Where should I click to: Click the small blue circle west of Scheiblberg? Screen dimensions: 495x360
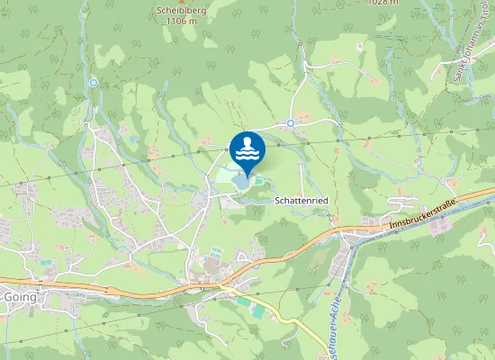pyautogui.click(x=93, y=82)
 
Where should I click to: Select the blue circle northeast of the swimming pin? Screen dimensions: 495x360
pyautogui.click(x=291, y=122)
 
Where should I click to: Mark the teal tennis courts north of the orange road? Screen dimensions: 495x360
pyautogui.click(x=216, y=252)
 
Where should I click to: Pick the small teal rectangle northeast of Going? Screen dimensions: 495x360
pyautogui.click(x=45, y=262)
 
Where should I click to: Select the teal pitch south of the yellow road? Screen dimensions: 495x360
pyautogui.click(x=258, y=310)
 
